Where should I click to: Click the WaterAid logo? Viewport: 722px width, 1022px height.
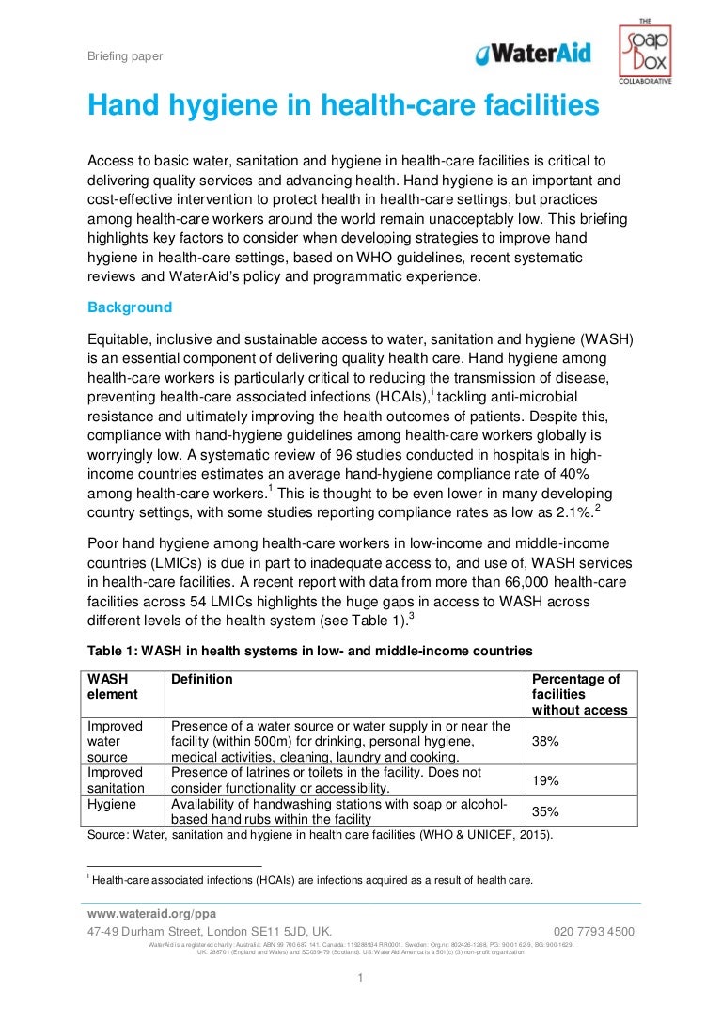[533, 54]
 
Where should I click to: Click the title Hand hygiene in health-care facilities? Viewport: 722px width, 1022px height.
[343, 106]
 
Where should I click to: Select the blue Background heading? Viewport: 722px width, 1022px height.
[130, 307]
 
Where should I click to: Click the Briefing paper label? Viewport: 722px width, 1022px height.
[125, 56]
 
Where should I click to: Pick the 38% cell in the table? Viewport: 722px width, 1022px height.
[545, 741]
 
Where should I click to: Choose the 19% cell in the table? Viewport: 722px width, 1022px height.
[545, 780]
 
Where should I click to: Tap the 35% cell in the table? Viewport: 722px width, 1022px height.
[545, 811]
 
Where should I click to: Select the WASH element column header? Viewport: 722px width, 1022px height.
[113, 686]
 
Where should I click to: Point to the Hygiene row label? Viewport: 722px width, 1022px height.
[111, 805]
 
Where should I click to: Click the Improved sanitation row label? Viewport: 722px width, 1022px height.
[116, 780]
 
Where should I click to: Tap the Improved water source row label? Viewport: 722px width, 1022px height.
[116, 741]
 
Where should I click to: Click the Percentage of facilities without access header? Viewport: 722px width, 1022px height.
[578, 695]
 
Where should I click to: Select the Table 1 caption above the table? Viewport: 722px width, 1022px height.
[310, 651]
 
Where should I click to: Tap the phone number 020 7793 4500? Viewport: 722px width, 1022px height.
[594, 932]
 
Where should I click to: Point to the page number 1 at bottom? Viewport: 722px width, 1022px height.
[360, 979]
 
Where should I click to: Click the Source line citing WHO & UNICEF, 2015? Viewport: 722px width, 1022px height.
[320, 834]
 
